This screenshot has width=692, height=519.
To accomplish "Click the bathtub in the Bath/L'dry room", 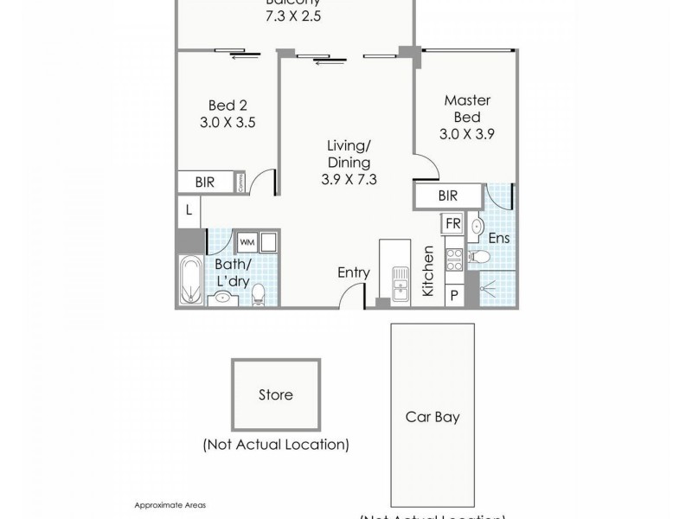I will (x=189, y=280).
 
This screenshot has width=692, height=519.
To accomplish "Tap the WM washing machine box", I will (x=247, y=241).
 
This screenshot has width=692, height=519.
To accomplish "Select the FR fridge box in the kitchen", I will (x=452, y=223).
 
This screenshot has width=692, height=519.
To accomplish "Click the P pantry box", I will (x=452, y=295).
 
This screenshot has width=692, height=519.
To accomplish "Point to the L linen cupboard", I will (x=188, y=210).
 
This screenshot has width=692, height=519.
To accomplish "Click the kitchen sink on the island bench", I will (x=400, y=283).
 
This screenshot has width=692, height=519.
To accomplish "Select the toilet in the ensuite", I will (x=480, y=257).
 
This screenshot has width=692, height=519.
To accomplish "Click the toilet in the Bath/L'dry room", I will (x=257, y=298).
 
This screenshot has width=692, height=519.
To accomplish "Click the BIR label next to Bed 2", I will (x=205, y=183).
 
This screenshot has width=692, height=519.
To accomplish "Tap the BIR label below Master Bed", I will (x=447, y=196).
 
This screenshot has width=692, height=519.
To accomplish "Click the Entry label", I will (x=353, y=272).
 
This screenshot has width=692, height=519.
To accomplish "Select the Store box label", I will (x=275, y=395).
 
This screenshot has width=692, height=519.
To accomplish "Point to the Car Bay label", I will (x=432, y=417).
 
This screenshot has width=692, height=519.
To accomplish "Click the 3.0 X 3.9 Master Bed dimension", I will (x=467, y=134).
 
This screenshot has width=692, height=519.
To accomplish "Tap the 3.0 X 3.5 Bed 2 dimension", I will (x=228, y=122).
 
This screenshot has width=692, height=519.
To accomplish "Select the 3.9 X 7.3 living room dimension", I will (x=349, y=180).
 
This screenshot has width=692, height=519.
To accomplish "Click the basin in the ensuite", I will (x=477, y=227).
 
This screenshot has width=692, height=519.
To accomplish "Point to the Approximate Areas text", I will (x=170, y=504).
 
